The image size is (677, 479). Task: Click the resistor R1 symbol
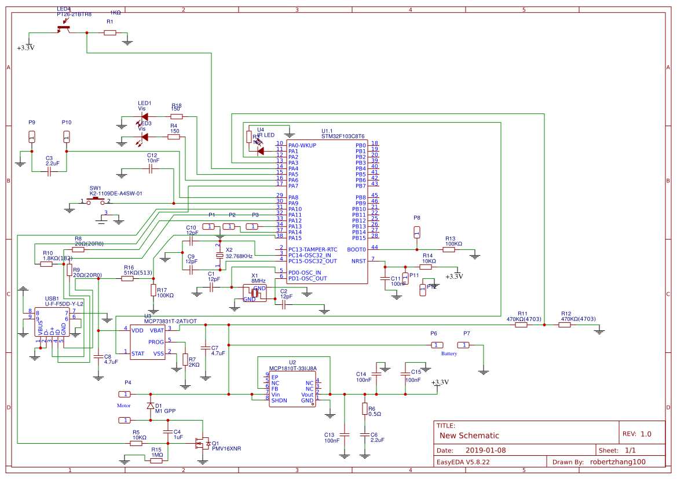(110, 33)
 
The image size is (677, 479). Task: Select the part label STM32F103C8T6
(343, 137)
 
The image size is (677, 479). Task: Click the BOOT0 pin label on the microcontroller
(356, 249)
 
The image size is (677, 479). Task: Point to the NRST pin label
(358, 261)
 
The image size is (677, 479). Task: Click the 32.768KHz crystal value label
(239, 256)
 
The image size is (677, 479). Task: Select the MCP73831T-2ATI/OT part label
(171, 321)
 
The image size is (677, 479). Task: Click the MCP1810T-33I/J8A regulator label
(293, 368)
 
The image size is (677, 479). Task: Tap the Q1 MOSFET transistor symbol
(203, 444)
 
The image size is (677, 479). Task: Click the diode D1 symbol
(151, 406)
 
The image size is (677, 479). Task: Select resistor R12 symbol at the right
(565, 325)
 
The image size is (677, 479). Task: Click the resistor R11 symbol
(521, 325)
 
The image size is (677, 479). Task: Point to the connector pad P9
(32, 137)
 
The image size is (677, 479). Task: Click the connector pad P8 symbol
(416, 232)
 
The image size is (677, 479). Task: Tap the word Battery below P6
(449, 353)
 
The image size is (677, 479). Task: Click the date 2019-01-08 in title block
(486, 450)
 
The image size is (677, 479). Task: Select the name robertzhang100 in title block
(617, 462)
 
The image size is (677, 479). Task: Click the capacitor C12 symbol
(151, 169)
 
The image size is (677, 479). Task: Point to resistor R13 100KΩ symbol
(449, 249)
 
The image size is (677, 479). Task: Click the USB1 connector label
(52, 299)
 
